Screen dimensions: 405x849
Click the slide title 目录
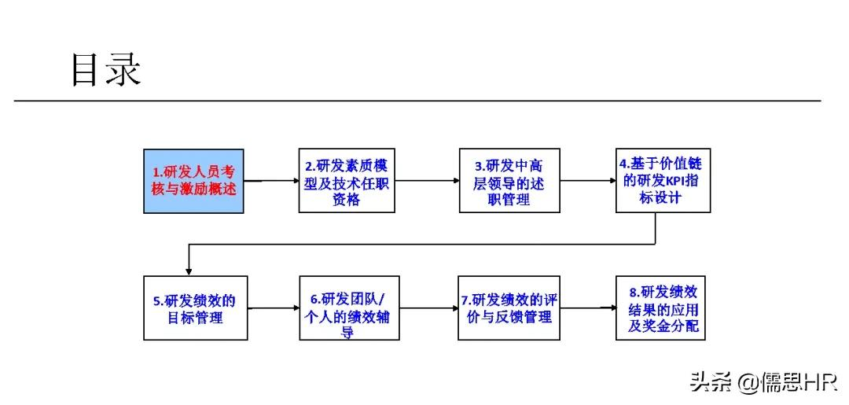[105, 69]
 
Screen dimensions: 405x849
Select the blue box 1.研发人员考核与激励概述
[193, 180]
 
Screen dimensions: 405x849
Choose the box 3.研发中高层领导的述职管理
[509, 180]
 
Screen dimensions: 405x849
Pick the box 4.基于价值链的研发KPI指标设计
[663, 180]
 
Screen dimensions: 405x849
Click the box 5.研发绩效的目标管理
[195, 307]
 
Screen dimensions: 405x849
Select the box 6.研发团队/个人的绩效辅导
[347, 307]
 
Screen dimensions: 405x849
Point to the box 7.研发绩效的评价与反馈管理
[509, 307]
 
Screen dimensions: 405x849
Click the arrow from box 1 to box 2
[271, 180]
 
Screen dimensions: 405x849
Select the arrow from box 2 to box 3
[428, 180]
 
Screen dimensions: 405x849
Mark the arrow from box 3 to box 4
[588, 180]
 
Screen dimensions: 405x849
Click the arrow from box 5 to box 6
[273, 307]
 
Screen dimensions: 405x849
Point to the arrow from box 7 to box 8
[588, 307]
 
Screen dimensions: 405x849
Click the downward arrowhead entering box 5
[189, 271]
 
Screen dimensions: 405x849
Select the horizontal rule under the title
[417, 101]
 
